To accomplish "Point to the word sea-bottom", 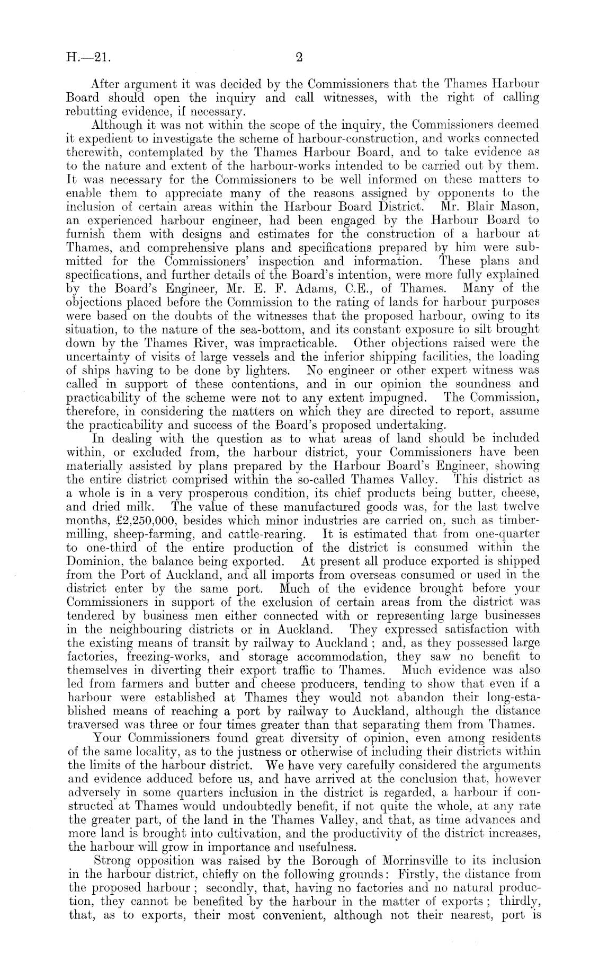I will click(x=251, y=330).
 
